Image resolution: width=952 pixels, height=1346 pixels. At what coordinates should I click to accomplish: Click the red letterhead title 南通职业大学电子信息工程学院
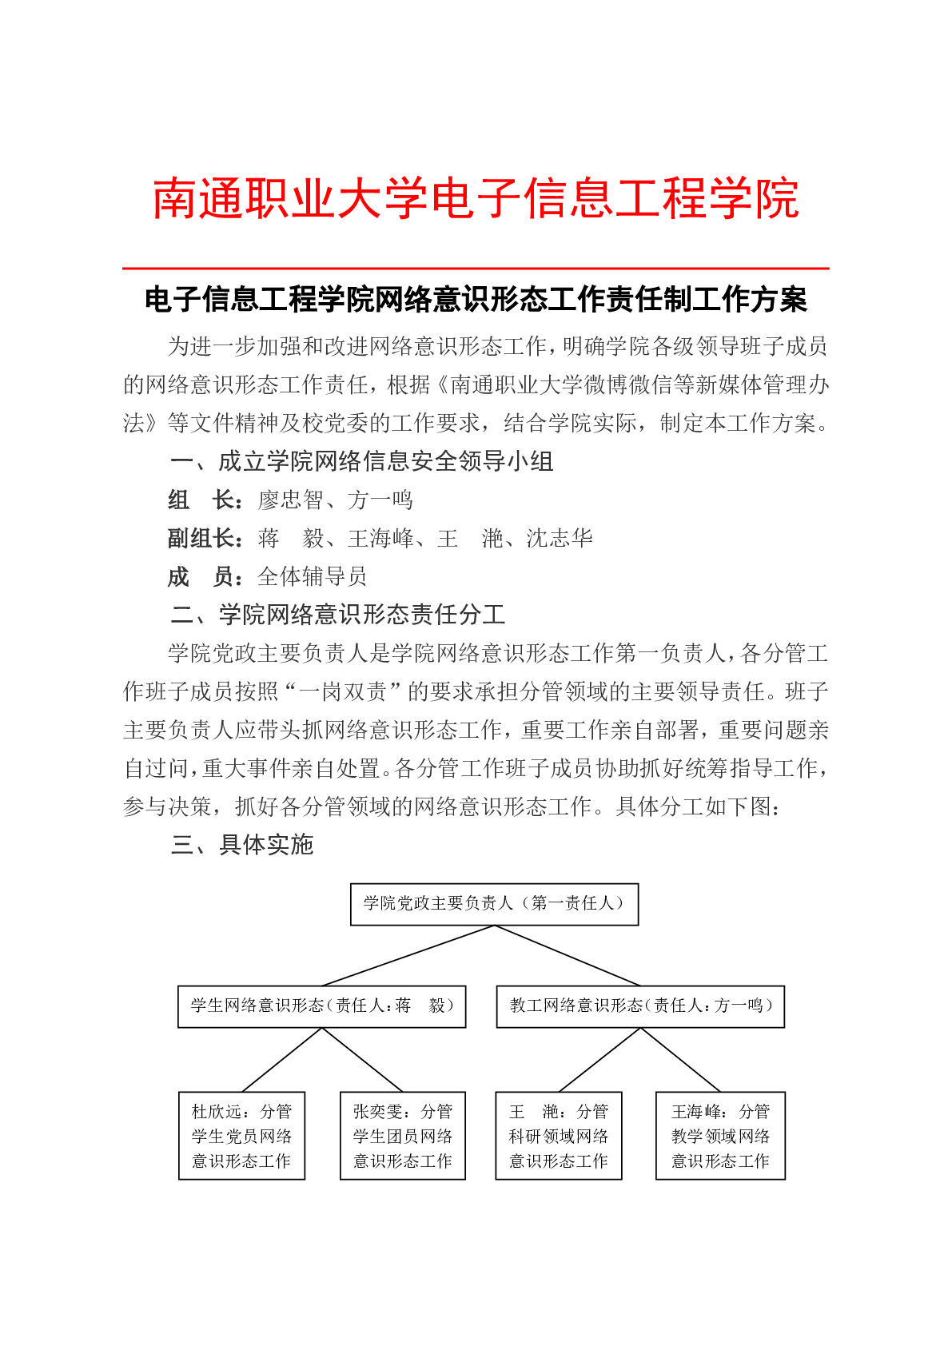point(476,198)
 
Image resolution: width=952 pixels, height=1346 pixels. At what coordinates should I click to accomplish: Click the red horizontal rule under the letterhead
point(476,269)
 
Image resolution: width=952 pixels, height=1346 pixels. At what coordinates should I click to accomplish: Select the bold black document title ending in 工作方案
point(476,300)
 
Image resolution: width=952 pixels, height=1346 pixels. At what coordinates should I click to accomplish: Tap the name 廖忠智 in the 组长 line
point(290,500)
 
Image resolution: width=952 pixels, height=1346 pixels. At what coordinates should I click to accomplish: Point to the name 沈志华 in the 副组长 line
point(560,539)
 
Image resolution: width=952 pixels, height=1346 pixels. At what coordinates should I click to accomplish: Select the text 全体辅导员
point(312,576)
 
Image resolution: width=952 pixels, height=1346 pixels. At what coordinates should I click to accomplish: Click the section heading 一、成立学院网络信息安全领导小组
point(361,462)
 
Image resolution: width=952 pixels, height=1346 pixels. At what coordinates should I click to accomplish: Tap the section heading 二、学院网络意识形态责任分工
point(337,615)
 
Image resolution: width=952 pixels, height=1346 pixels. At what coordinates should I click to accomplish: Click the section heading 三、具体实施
point(241,845)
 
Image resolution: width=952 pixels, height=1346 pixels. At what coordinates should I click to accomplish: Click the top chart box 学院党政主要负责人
point(494,904)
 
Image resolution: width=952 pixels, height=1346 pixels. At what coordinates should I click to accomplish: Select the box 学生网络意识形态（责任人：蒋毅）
point(321,1006)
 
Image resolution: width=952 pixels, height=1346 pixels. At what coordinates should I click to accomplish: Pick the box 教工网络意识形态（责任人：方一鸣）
point(640,1006)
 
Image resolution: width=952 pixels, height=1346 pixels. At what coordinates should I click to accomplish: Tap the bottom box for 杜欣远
point(241,1136)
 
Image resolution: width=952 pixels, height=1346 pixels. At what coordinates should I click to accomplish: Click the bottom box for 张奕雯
point(403,1136)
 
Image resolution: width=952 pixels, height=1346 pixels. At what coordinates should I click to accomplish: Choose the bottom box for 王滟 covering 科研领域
point(559,1136)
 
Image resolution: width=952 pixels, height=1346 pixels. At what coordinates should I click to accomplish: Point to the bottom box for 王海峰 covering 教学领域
point(720,1136)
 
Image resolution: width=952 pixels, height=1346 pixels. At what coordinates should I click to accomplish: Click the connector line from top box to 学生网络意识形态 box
point(408,956)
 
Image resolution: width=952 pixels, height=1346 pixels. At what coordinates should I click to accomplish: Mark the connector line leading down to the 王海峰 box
point(681,1060)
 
